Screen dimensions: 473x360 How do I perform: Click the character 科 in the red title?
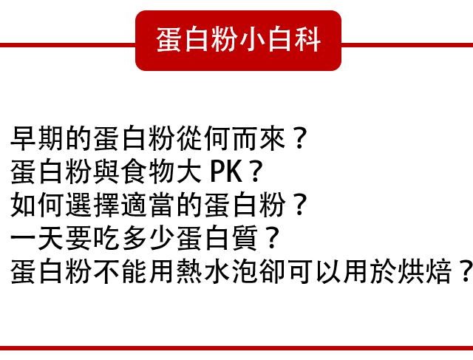[307, 39]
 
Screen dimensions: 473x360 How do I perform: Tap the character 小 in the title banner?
[252, 39]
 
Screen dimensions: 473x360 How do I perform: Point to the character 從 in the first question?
[190, 138]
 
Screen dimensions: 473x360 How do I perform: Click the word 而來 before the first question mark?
[259, 138]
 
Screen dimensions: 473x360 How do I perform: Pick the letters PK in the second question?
[226, 171]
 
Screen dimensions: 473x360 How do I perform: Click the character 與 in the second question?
[107, 171]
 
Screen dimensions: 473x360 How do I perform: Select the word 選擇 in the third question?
[93, 205]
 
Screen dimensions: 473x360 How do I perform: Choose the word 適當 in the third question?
[149, 205]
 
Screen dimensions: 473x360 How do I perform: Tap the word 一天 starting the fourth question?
[38, 238]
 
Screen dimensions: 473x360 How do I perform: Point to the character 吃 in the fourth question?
[107, 238]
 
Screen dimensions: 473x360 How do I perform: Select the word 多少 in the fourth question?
[149, 238]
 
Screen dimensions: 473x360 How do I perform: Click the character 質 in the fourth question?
[245, 238]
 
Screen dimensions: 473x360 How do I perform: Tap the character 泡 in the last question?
[245, 271]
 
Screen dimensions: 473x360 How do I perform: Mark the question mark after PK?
[255, 171]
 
